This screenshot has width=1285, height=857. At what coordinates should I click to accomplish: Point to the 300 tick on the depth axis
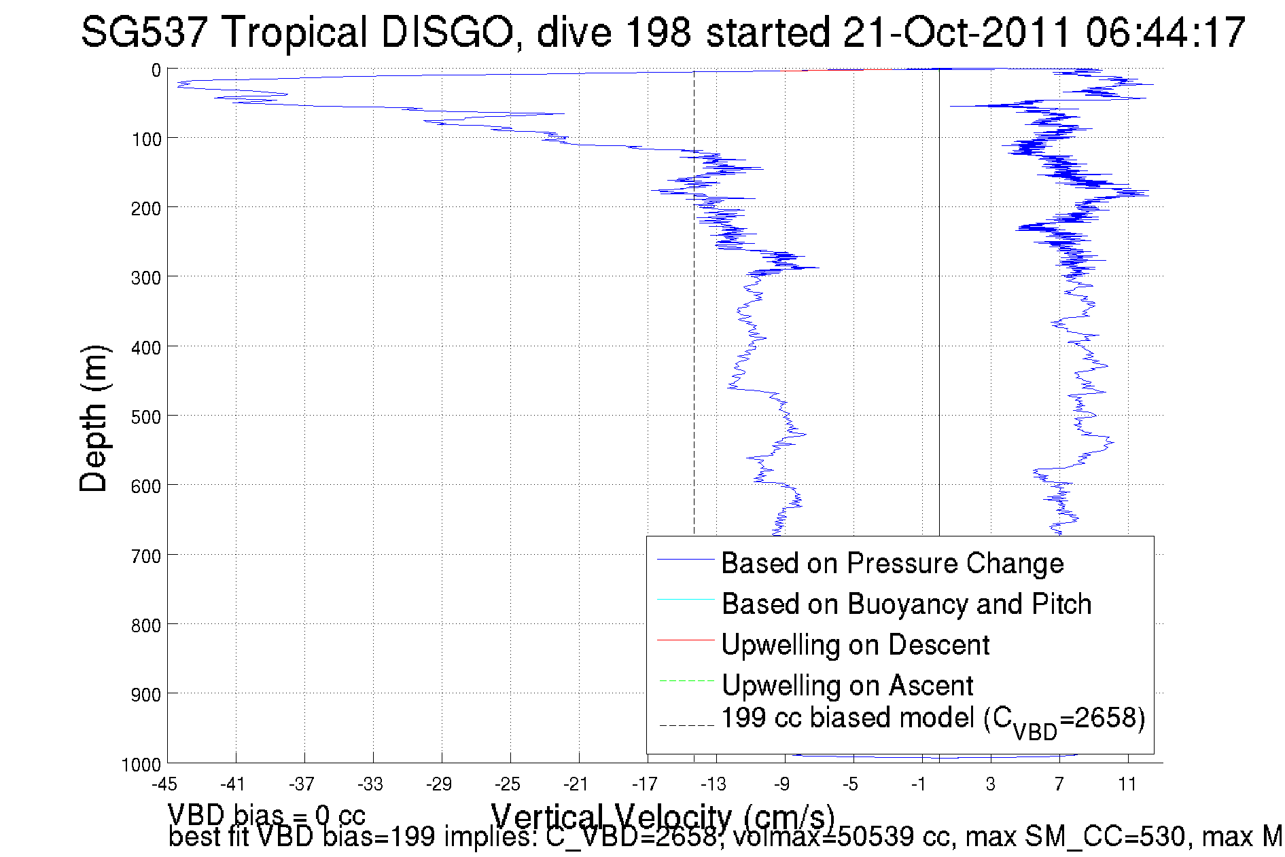(146, 278)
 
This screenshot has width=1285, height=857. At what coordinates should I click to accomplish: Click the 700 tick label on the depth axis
(146, 557)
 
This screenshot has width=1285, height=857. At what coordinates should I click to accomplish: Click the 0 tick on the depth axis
(156, 71)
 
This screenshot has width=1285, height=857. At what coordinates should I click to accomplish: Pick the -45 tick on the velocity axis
(164, 784)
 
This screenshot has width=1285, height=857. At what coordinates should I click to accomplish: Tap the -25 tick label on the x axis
(507, 784)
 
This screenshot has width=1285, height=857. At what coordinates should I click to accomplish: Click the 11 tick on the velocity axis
(1127, 784)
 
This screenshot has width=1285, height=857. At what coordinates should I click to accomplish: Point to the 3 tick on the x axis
(991, 784)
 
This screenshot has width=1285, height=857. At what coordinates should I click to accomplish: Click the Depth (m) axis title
(94, 418)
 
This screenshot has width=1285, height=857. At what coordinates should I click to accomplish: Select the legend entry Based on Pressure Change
(892, 563)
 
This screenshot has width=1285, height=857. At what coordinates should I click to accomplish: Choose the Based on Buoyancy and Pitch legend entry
(906, 604)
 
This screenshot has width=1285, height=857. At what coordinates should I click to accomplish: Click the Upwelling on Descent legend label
(855, 644)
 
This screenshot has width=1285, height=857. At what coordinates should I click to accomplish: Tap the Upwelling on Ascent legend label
(847, 685)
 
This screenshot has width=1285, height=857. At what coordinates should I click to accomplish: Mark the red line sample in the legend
(686, 640)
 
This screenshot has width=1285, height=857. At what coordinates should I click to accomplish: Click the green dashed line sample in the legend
(686, 680)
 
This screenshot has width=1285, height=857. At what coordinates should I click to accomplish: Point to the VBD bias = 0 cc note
(266, 815)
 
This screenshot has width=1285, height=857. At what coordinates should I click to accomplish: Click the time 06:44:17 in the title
(1165, 32)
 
